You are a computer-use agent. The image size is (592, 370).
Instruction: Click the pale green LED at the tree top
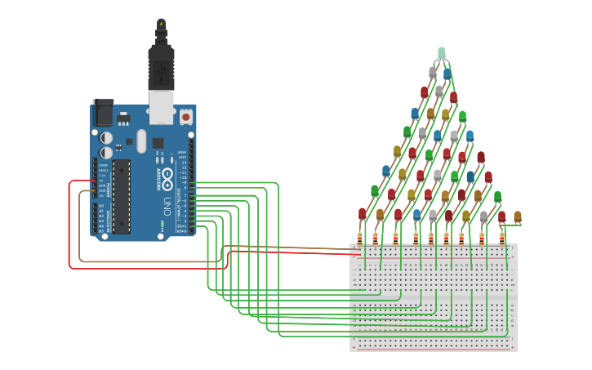[x=442, y=53]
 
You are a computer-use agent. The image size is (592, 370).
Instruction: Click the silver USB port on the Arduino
[x=162, y=105]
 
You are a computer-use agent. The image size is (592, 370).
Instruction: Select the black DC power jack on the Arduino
[x=104, y=113]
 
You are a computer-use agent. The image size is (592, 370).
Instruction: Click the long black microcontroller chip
[x=122, y=196]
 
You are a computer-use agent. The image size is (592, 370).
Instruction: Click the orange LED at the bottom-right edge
[x=517, y=216]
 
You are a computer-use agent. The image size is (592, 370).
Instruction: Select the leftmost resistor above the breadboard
[x=359, y=238]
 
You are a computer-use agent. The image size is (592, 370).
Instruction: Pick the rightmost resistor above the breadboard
[x=502, y=238]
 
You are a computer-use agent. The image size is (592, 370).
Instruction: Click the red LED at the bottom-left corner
[x=363, y=213]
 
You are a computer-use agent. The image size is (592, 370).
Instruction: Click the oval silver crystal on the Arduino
[x=141, y=140]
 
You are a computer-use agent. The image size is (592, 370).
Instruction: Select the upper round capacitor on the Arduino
[x=107, y=138]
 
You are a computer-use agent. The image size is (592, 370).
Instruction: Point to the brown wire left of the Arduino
[x=80, y=229]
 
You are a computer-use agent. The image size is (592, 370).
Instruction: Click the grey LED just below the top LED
[x=433, y=72]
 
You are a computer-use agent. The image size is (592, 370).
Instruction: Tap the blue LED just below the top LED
[x=447, y=74]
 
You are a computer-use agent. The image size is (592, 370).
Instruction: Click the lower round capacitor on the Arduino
[x=107, y=153]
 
